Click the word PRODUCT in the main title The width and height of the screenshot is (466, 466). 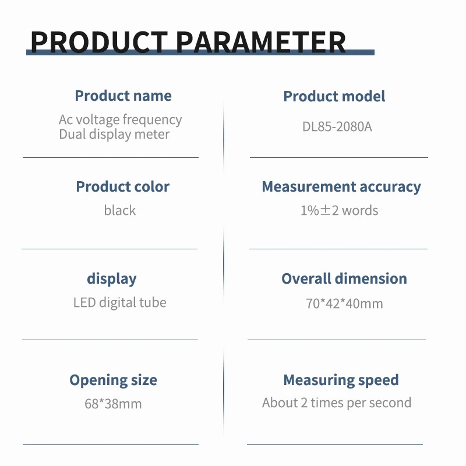click(99, 42)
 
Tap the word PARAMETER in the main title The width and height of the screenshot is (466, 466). click(261, 42)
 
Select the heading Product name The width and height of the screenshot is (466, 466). click(123, 96)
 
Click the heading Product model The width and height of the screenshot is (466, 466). click(334, 96)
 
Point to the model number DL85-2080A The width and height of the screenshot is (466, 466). click(337, 126)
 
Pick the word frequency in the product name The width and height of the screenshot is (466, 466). click(152, 120)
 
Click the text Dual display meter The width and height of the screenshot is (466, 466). click(114, 135)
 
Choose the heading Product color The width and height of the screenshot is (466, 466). click(123, 186)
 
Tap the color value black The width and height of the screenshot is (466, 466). click(120, 210)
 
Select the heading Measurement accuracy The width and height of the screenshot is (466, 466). click(341, 187)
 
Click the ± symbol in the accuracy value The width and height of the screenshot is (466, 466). click(326, 210)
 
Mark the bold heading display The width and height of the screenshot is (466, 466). click(112, 279)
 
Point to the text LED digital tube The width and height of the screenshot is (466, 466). click(120, 303)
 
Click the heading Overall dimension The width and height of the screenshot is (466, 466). click(344, 279)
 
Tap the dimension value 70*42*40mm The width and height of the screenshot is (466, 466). click(344, 303)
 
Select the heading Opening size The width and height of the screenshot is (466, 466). click(113, 380)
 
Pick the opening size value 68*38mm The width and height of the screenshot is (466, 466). click(113, 404)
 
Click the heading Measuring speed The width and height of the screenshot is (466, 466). click(341, 380)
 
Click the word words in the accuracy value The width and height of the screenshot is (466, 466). click(360, 210)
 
